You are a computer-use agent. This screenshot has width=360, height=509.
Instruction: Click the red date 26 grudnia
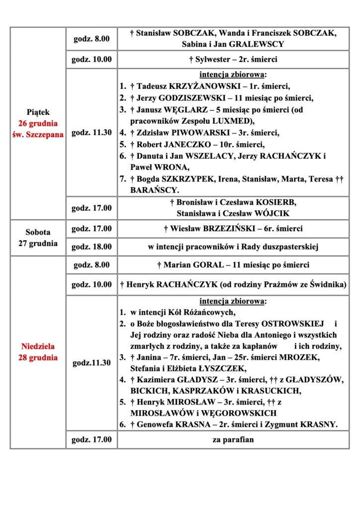(x=38, y=123)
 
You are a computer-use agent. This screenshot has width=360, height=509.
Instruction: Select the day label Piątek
(x=38, y=112)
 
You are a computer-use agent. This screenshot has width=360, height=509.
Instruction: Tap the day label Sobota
(x=38, y=232)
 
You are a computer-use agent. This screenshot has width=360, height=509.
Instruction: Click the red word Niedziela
(x=38, y=346)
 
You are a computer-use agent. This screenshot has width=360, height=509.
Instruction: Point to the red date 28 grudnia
(x=38, y=357)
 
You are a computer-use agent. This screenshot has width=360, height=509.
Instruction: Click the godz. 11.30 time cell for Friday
(x=91, y=132)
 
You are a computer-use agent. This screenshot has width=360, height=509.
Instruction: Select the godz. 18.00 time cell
(x=91, y=246)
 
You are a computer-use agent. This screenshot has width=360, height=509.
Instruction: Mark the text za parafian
(x=233, y=439)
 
